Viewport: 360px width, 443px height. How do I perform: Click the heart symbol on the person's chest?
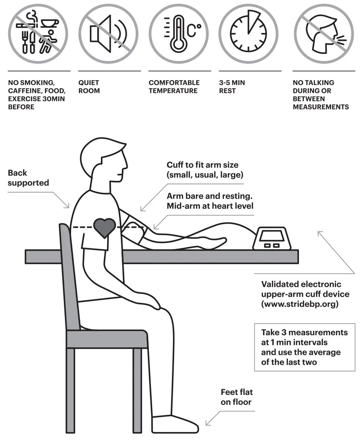[x=105, y=227]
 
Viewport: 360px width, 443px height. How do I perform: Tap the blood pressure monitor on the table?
[x=272, y=238]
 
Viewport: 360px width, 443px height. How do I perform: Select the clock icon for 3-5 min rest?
[x=249, y=34]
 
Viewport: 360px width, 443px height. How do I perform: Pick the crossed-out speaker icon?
[x=108, y=34]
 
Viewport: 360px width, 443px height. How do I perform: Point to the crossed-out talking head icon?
[x=323, y=34]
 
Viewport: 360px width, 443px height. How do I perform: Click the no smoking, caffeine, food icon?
[x=38, y=34]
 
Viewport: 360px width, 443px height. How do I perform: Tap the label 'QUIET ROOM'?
[x=89, y=87]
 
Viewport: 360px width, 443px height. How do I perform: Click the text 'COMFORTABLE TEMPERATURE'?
[x=174, y=87]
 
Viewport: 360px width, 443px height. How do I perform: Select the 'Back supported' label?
[x=28, y=178]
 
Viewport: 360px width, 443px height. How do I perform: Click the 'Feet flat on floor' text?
[x=236, y=397]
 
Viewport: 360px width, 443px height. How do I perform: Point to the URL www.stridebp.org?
[x=300, y=304]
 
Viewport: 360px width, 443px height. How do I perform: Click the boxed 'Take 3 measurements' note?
[x=304, y=347]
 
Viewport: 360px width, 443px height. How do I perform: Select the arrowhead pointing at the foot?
[x=207, y=423]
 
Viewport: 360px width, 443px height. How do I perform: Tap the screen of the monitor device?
[x=271, y=235]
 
